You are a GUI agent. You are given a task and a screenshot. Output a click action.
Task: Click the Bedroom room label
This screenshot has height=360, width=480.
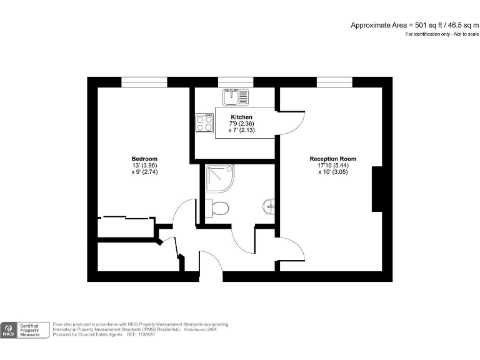[x=144, y=159]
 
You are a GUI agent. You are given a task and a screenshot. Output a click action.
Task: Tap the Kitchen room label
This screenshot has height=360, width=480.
[x=241, y=117]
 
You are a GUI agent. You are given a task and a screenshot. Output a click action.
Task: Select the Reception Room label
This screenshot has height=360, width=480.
[x=332, y=159]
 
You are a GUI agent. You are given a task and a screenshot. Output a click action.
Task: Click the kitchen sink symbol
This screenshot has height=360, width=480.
[x=236, y=97]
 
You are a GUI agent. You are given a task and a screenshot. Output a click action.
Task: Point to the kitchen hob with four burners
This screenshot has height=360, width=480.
[x=204, y=123]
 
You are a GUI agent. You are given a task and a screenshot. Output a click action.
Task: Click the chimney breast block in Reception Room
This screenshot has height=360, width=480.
[x=377, y=189]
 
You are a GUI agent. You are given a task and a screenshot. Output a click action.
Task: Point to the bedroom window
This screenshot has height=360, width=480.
[x=144, y=82]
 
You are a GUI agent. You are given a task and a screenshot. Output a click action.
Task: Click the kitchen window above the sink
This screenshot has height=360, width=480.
[x=236, y=82]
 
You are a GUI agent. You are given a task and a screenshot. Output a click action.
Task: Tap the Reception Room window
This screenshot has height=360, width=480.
[x=334, y=82]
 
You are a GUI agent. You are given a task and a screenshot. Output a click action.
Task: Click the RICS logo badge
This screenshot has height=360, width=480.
[x=9, y=330]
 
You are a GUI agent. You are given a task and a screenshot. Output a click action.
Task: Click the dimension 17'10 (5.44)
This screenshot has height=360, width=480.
[x=332, y=165]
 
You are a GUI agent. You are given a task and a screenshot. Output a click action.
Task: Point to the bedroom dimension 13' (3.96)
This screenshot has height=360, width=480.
[x=144, y=165]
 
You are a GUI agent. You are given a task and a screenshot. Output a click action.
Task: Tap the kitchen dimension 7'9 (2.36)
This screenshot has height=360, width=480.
[x=241, y=124]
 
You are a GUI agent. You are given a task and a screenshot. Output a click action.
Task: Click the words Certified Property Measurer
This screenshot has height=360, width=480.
[x=31, y=330]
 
